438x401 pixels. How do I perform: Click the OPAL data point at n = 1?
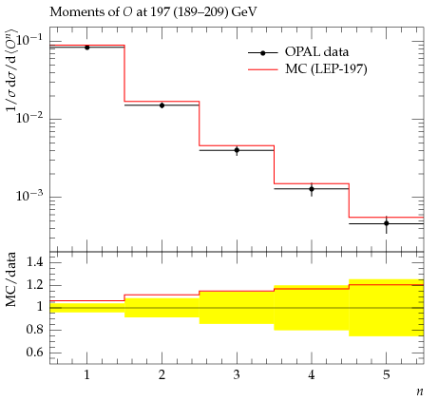tap(87, 48)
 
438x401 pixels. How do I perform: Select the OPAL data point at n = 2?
tap(162, 105)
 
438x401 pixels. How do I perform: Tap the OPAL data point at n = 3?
tap(237, 150)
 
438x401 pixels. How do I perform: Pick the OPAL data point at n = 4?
tap(312, 189)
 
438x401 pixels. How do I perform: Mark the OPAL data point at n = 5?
tap(387, 223)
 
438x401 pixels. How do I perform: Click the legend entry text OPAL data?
tap(316, 51)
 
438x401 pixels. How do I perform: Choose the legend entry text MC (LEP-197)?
tap(326, 68)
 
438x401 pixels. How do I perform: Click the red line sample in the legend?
tap(263, 69)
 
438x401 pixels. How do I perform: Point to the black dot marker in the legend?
tap(263, 53)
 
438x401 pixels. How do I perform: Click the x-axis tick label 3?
tap(237, 375)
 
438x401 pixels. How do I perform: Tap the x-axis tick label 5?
tap(387, 375)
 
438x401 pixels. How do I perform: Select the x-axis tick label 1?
tap(86, 375)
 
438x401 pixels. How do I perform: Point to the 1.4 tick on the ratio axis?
tap(34, 262)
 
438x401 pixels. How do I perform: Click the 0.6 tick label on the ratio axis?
tap(34, 352)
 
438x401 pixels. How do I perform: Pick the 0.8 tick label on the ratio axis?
tap(34, 330)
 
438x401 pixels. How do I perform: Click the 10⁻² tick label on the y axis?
tap(29, 118)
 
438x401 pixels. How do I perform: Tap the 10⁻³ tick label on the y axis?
tap(29, 196)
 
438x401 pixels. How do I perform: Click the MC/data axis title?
tap(10, 279)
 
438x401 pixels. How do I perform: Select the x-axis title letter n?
tap(420, 392)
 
